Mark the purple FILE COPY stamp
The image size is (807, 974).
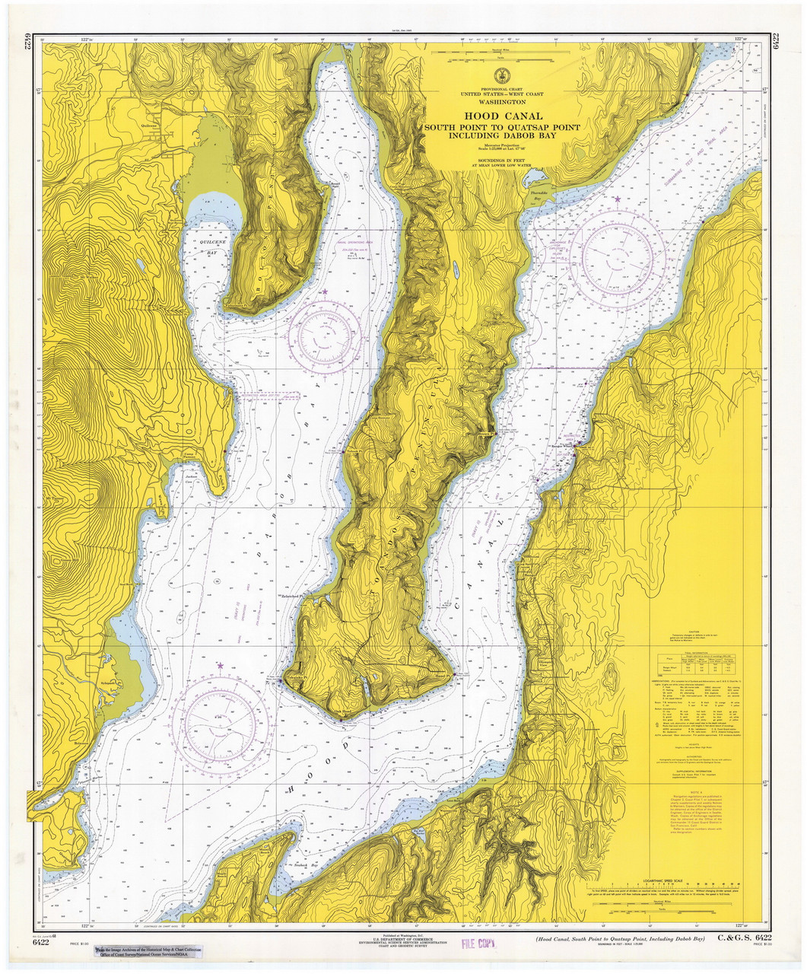[478, 944]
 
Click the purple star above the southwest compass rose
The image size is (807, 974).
[221, 666]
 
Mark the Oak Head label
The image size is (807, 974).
[342, 713]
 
